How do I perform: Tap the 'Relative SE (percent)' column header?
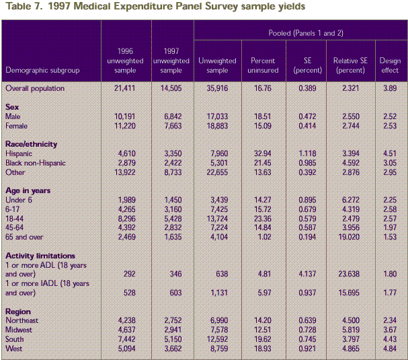tap(348, 65)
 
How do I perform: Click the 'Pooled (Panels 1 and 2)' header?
tap(298, 32)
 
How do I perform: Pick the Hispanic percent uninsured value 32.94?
tap(258, 153)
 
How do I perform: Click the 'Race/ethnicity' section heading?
tap(31, 144)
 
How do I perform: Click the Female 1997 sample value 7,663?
tap(171, 125)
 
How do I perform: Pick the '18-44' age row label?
tap(15, 218)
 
